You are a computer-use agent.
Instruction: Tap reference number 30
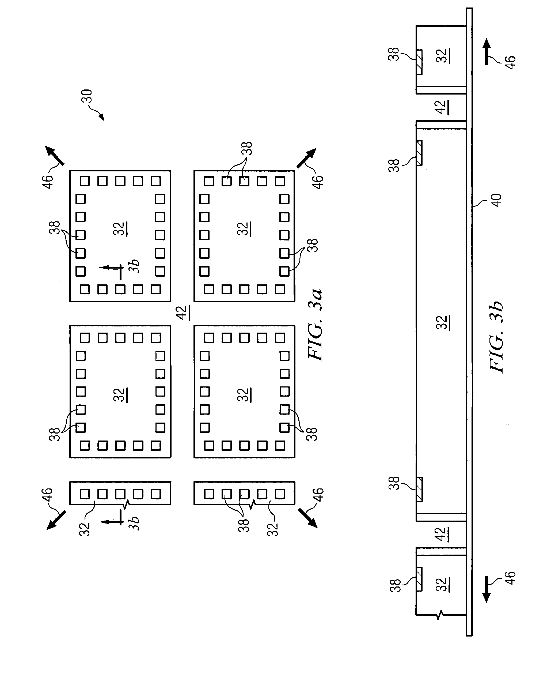86,96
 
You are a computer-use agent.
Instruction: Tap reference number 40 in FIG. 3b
496,200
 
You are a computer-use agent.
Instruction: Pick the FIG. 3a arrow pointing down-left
56,520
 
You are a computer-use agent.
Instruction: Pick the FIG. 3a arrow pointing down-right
308,518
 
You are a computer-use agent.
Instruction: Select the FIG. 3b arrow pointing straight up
487,51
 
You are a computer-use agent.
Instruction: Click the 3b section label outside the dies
134,523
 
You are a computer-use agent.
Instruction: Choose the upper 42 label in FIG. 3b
442,107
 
